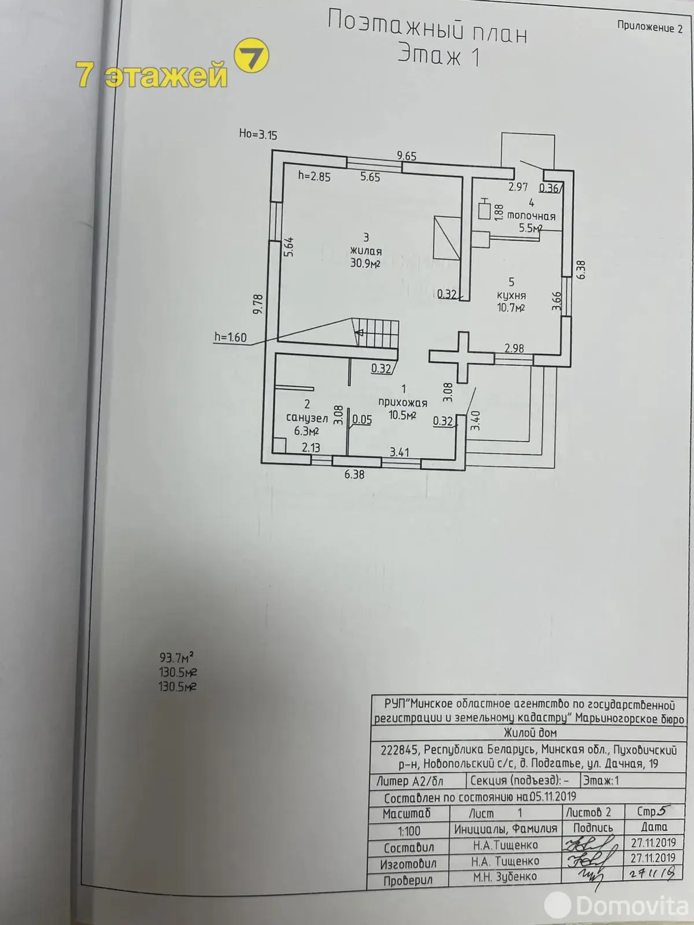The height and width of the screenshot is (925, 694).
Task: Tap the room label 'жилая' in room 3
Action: (366, 251)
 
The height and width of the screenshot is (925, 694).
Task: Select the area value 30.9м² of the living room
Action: (365, 264)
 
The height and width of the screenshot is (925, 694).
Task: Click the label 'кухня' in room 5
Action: (511, 295)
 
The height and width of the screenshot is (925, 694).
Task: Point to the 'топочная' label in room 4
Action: (531, 216)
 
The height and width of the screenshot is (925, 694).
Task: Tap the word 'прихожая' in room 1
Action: (403, 403)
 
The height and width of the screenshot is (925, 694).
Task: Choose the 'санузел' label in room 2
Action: (307, 417)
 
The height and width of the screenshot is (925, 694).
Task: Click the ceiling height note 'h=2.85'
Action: (314, 177)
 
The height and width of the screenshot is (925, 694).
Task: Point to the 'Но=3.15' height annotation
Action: (258, 135)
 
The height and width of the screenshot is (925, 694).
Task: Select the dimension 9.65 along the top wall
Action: (407, 156)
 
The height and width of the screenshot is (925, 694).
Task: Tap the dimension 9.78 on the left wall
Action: (259, 304)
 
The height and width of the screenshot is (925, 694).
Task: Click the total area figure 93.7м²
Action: (176, 657)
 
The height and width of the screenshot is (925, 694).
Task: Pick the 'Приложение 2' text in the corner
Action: (649, 27)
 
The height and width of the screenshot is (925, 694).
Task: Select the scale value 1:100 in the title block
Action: (408, 831)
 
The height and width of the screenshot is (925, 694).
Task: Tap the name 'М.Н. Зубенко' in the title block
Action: (504, 877)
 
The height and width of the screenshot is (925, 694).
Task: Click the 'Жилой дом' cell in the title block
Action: (530, 733)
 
